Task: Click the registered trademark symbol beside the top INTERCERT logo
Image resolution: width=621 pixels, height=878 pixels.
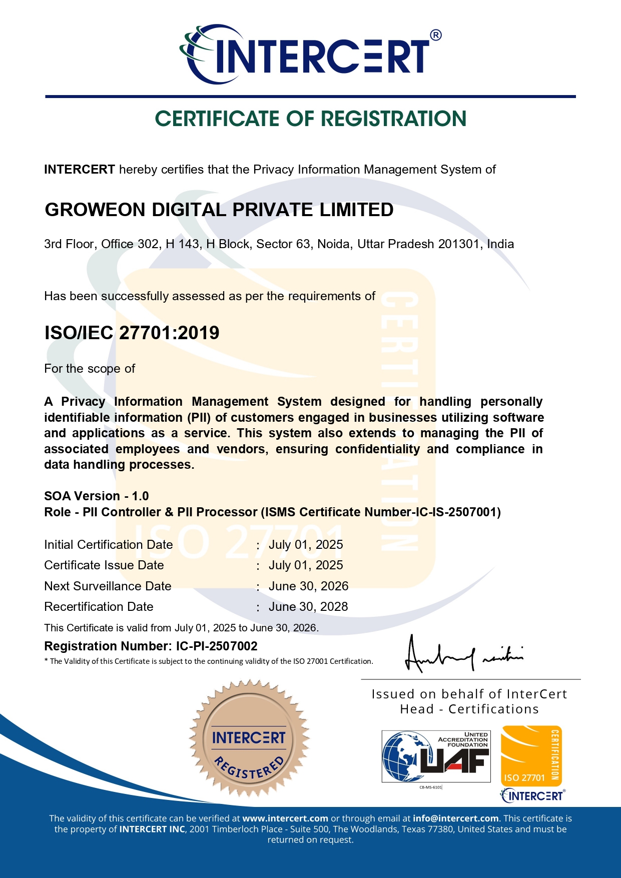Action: click(x=436, y=35)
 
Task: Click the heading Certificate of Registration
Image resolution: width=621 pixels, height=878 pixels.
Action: click(x=310, y=119)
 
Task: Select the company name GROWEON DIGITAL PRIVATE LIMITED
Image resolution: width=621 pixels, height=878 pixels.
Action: click(x=219, y=210)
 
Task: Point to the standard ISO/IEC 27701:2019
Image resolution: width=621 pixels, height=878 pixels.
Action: click(x=132, y=333)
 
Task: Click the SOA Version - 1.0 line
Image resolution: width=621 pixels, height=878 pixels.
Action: click(x=97, y=496)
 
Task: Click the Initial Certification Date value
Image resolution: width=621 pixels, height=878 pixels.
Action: click(x=306, y=545)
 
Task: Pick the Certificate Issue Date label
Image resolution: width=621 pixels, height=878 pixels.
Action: click(x=104, y=565)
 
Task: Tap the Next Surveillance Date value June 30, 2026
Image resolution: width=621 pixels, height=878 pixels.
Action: click(x=308, y=586)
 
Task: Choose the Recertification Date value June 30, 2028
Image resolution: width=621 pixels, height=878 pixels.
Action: click(x=308, y=607)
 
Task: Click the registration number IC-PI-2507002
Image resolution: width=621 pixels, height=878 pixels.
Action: click(x=217, y=646)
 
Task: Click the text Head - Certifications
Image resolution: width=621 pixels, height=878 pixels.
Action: click(x=469, y=709)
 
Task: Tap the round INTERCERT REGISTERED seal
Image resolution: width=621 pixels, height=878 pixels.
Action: click(x=249, y=738)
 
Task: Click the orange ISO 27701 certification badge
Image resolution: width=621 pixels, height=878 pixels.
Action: click(x=531, y=756)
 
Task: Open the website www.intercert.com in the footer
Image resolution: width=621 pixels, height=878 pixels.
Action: click(x=285, y=818)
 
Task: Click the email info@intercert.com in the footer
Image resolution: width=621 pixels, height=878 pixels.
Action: click(x=456, y=818)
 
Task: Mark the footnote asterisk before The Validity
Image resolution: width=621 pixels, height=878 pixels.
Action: click(x=46, y=661)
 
